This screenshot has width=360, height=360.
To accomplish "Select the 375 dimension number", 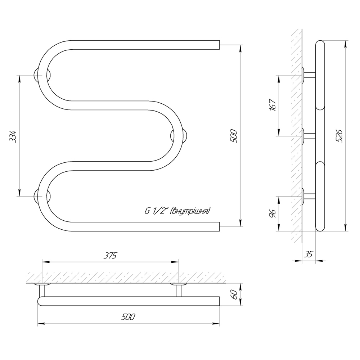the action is (110, 256).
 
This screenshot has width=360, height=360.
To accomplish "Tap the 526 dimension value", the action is (340, 136).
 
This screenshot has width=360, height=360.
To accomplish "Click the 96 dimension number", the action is (273, 213).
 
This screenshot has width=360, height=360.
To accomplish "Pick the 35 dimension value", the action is (309, 254).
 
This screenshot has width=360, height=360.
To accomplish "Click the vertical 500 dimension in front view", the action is (234, 136).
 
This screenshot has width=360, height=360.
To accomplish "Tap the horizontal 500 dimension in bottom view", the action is (128, 317).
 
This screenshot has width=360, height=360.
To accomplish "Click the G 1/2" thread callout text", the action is (177, 211).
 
